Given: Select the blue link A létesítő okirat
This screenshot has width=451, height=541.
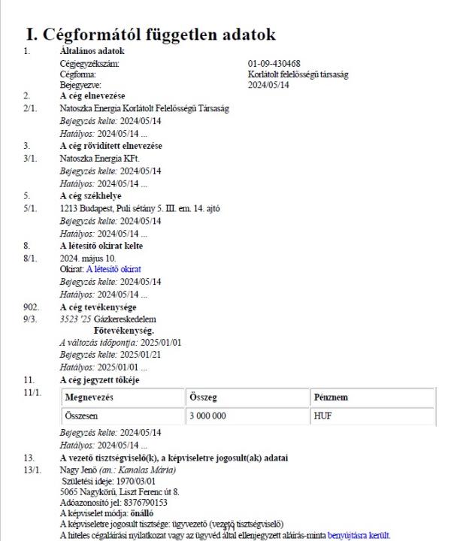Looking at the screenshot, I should pyautogui.click(x=114, y=268).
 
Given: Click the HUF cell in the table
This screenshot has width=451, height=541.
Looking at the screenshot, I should pyautogui.click(x=320, y=414).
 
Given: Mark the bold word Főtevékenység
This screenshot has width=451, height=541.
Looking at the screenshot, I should pyautogui.click(x=123, y=330).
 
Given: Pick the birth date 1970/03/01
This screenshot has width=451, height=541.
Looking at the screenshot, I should pyautogui.click(x=134, y=480).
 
